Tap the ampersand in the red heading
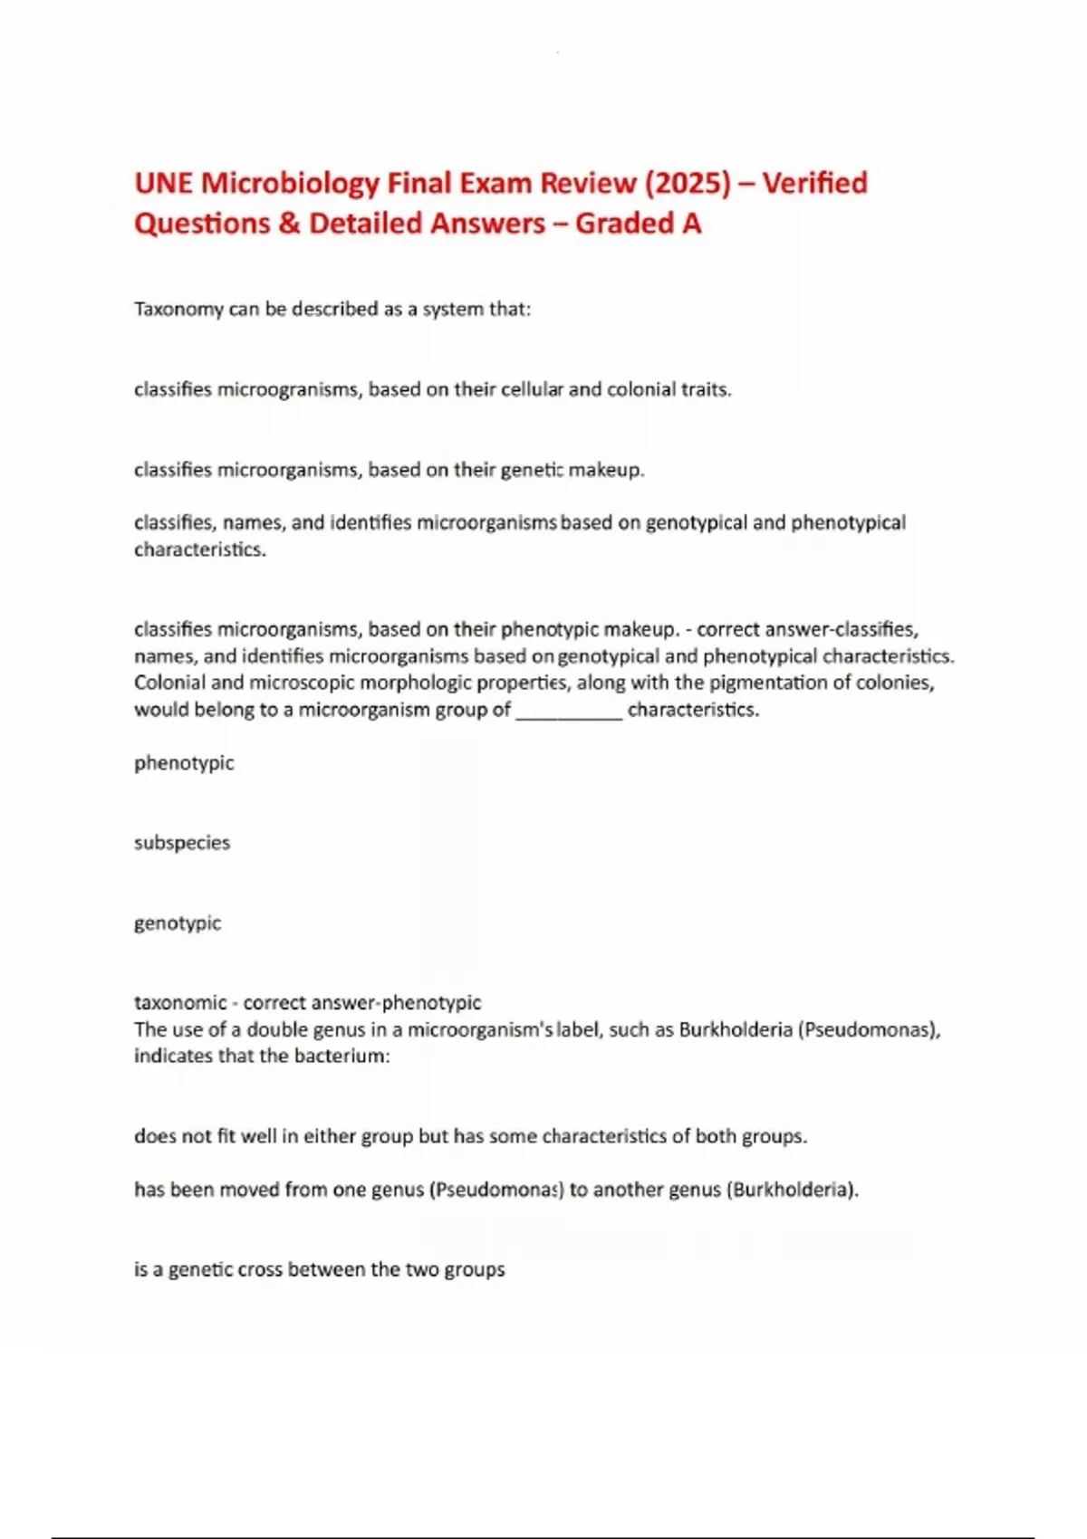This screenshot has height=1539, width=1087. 289,224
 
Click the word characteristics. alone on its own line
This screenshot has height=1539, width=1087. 200,550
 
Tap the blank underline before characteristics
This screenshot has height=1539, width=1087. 569,710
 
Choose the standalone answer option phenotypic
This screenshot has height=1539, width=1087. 184,763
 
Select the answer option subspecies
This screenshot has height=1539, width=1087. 182,843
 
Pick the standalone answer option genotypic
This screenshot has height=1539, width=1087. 178,923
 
